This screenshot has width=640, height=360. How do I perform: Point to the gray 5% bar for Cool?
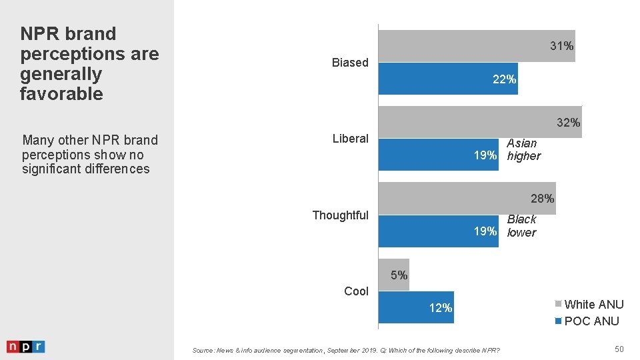pos(394,274)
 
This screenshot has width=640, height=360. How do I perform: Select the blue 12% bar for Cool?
pos(416,307)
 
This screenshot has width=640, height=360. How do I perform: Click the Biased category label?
pos(350,63)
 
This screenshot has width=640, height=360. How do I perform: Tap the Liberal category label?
pos(350,139)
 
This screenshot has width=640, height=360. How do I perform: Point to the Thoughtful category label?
pos(340,215)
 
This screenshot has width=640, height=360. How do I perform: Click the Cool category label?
pos(356,291)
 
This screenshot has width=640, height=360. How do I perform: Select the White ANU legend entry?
pos(589,305)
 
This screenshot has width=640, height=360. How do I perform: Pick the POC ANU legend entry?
pos(587,321)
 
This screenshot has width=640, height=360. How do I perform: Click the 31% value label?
pos(562,46)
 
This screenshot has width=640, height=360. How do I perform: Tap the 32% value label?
pos(569,123)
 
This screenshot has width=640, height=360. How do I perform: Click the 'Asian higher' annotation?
pos(523,149)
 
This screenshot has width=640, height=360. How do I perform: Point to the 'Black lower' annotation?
pos(522,225)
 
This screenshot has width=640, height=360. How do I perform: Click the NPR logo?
pos(25,347)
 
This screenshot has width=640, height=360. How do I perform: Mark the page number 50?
pos(619,349)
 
